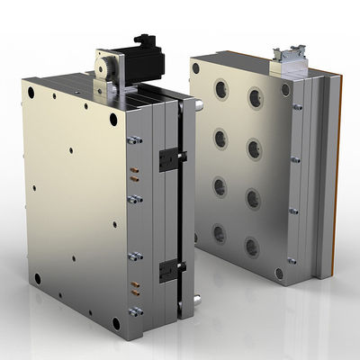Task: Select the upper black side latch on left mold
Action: tap(167, 159)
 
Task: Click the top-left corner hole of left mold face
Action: tap(32, 93)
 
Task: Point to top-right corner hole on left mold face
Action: tap(113, 120)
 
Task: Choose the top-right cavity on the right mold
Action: tap(255, 94)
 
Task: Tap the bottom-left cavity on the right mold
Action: tap(219, 234)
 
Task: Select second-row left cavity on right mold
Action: tap(219, 138)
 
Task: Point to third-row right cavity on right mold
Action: tap(255, 198)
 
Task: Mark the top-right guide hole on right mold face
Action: tap(285, 90)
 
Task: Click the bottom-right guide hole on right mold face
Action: tap(280, 273)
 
